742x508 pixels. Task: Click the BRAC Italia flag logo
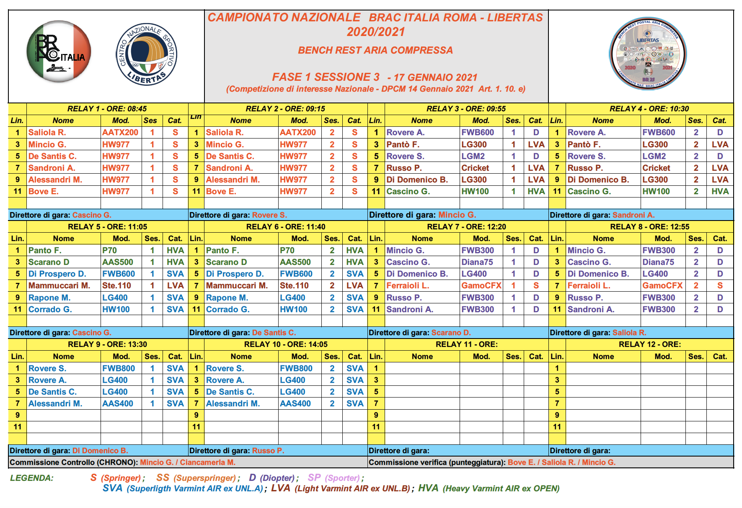click(x=59, y=51)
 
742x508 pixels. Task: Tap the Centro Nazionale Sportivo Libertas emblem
click(x=146, y=54)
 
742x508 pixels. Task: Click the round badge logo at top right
click(x=647, y=53)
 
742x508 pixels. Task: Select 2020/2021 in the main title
click(x=376, y=32)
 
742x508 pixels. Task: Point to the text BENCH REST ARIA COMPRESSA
click(x=375, y=50)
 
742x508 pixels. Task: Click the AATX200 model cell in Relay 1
click(x=120, y=132)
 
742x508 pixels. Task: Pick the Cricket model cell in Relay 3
click(x=475, y=168)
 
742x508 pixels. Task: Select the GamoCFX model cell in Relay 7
click(x=481, y=285)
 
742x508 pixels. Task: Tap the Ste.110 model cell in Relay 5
click(x=116, y=285)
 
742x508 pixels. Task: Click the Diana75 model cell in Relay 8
click(x=658, y=262)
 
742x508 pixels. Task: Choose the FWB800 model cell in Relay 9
click(x=119, y=368)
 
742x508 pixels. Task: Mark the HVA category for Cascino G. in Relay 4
click(x=720, y=191)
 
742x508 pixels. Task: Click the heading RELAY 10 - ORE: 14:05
click(x=286, y=344)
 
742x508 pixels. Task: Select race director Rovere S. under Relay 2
click(x=269, y=215)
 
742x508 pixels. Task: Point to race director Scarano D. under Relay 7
click(x=451, y=333)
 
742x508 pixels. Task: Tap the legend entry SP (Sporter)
click(x=334, y=478)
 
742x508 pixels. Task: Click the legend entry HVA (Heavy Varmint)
click(x=489, y=488)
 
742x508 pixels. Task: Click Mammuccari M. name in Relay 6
click(x=237, y=285)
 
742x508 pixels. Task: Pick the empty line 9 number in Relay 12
click(x=557, y=415)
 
